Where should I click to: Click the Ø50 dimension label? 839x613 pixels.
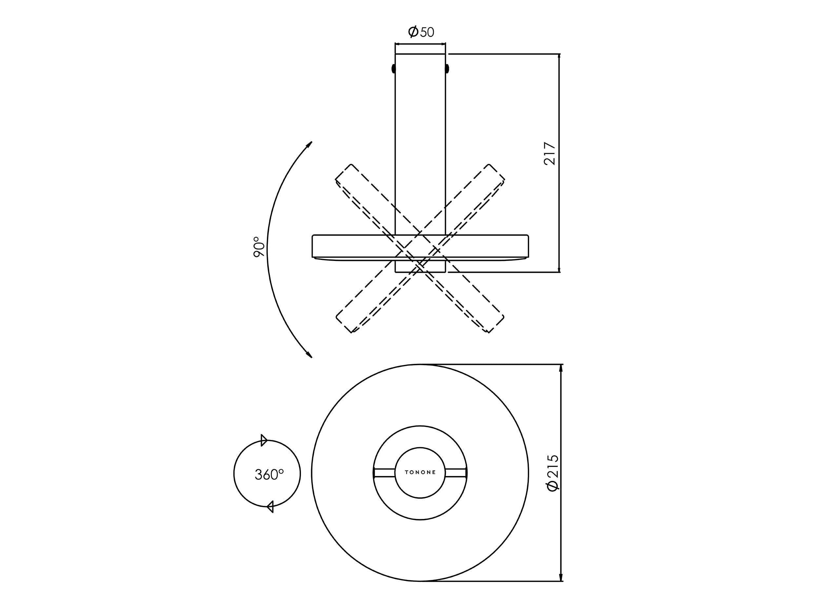click(421, 32)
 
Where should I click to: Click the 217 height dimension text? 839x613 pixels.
click(549, 153)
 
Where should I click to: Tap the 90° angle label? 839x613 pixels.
click(259, 247)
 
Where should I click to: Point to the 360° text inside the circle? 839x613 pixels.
click(269, 474)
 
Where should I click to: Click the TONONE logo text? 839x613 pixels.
click(420, 472)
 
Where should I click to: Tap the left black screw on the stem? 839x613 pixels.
click(393, 69)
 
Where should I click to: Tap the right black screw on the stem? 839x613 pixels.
click(447, 69)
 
